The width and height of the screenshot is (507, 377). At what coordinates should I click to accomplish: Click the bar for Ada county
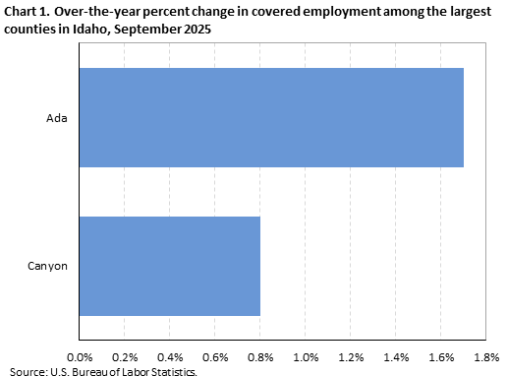tap(270, 117)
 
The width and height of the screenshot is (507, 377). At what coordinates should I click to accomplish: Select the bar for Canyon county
tap(169, 266)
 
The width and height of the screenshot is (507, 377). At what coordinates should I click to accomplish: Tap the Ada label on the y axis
tap(56, 118)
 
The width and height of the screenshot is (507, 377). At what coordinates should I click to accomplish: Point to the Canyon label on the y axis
tap(48, 266)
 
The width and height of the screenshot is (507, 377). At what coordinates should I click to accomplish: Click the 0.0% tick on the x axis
tap(79, 356)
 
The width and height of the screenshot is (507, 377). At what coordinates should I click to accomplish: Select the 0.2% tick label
tap(124, 356)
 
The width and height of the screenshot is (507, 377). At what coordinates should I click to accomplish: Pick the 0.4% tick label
tap(169, 356)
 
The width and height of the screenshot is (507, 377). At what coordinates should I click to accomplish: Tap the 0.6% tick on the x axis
tap(214, 356)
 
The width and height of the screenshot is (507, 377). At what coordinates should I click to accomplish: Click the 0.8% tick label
tap(259, 356)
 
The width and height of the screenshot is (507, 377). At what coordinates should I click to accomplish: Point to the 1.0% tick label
tap(305, 356)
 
